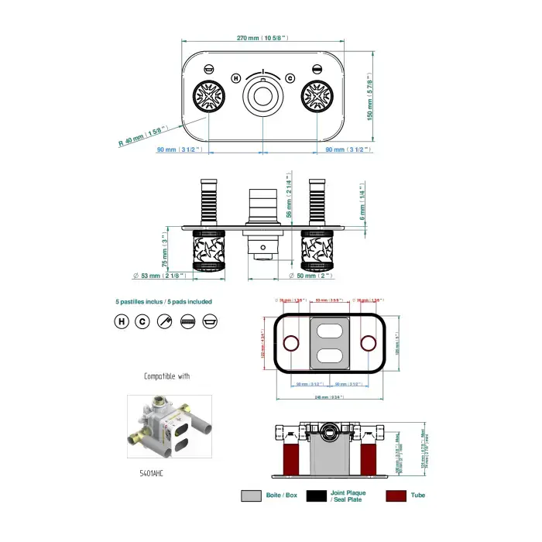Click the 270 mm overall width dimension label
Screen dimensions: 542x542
pos(262,37)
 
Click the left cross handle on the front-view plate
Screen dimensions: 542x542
pos(208,98)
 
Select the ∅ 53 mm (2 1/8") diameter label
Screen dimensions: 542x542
pos(158,276)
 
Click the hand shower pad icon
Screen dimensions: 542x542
pos(164,321)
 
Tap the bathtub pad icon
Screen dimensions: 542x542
pos(208,321)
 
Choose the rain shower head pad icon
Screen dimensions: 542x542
pos(187,321)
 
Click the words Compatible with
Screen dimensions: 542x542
pos(166,376)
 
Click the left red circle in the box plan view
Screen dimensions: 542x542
pos(291,343)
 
